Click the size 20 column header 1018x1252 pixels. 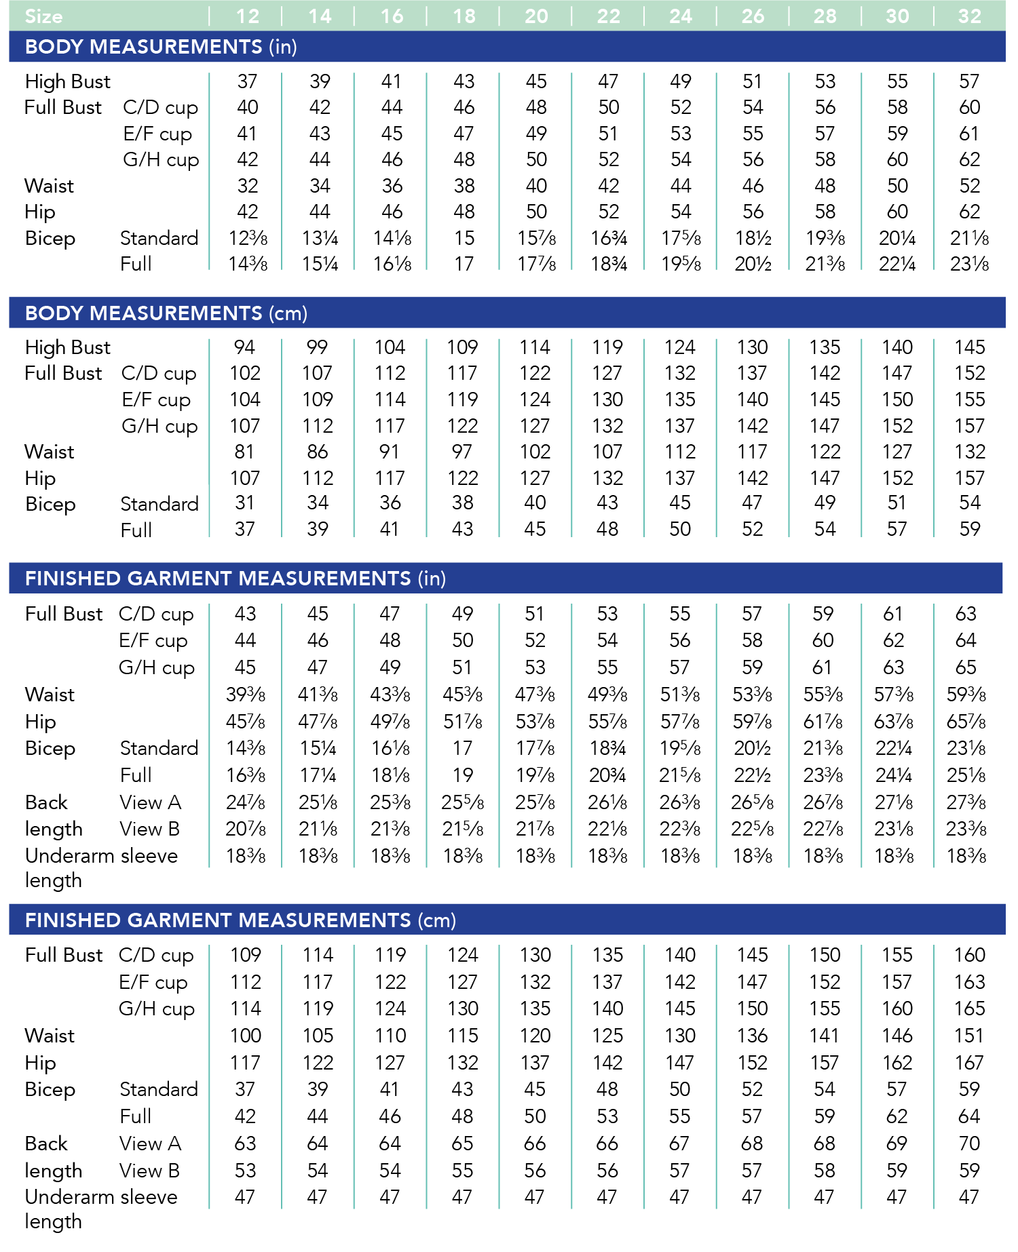click(536, 16)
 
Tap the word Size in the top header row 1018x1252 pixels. click(43, 16)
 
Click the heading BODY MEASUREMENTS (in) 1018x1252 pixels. click(161, 47)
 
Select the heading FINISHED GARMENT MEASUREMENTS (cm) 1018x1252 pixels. click(240, 920)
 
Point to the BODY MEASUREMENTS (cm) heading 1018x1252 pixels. click(166, 313)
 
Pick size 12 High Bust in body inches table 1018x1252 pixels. click(247, 81)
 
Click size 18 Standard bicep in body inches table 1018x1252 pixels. click(464, 238)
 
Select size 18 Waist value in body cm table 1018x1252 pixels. click(462, 452)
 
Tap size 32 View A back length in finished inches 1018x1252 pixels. click(966, 802)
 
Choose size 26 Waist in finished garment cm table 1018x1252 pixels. click(752, 1036)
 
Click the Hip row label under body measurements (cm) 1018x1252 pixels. click(40, 478)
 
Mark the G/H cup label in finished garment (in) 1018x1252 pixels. click(157, 667)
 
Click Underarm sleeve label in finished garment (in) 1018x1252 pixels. click(101, 856)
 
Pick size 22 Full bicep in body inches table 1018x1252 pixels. click(609, 264)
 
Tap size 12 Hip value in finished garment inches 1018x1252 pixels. click(245, 722)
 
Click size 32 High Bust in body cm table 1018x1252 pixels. click(970, 347)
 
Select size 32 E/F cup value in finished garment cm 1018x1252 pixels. click(969, 982)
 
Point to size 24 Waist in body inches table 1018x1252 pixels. click(681, 186)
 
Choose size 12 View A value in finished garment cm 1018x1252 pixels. click(245, 1143)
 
